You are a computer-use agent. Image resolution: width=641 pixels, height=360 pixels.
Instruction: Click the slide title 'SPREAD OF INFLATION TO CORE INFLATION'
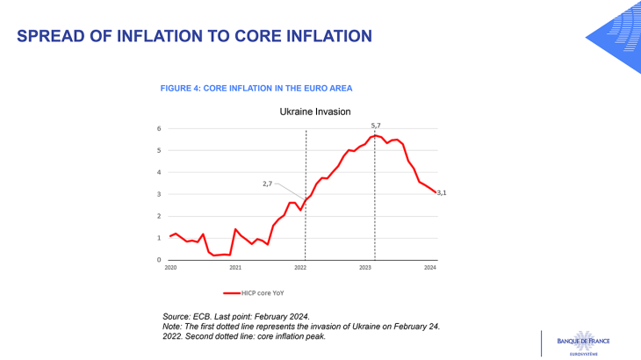[194, 36]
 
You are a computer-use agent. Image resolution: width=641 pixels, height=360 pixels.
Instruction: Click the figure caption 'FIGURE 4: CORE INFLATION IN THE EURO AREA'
[256, 89]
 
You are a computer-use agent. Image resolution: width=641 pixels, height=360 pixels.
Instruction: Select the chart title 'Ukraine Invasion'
[315, 112]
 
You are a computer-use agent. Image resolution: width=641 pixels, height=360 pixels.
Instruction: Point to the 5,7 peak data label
[376, 126]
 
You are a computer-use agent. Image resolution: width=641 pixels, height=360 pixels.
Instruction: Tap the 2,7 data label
[268, 184]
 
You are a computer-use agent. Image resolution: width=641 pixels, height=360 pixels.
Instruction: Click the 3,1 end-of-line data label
[442, 193]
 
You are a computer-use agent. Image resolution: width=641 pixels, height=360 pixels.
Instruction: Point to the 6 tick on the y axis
[160, 129]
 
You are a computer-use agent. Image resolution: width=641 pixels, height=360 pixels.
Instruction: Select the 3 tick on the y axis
[160, 195]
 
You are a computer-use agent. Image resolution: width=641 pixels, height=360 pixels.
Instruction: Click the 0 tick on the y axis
[160, 260]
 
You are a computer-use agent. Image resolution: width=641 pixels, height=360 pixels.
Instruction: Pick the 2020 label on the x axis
[170, 267]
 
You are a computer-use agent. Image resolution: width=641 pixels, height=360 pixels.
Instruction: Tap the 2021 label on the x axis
[235, 267]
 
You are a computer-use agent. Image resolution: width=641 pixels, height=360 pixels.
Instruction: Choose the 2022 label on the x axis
[300, 267]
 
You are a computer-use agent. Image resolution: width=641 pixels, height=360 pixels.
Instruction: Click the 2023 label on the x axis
[365, 267]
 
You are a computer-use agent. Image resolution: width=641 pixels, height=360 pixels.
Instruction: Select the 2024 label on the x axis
[430, 267]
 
